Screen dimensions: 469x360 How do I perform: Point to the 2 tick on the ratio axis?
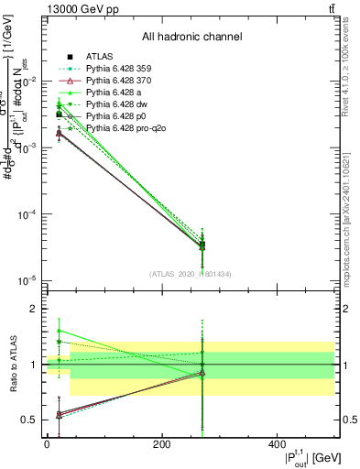pos(31,310)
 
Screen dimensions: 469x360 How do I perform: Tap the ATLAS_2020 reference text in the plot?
pos(190,273)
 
